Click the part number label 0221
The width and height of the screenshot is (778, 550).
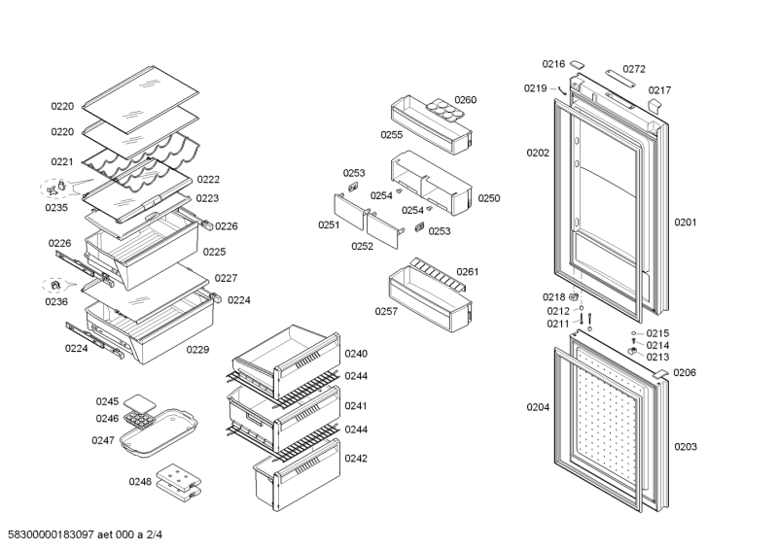(x=62, y=162)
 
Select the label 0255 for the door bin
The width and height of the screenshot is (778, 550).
(x=392, y=135)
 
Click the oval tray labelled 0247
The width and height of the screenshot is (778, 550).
(x=155, y=434)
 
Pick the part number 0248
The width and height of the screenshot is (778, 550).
(x=140, y=481)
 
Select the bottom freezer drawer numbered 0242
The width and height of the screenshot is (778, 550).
(x=297, y=476)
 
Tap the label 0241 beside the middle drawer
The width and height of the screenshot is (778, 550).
(x=356, y=406)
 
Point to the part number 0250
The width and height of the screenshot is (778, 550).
(x=488, y=198)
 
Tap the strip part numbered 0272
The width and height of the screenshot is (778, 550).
(x=619, y=79)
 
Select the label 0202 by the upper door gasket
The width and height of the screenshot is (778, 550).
(x=538, y=153)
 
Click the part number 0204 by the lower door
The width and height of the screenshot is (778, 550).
(x=538, y=407)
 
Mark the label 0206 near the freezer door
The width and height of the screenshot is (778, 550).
(x=685, y=372)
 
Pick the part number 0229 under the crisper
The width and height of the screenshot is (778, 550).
(x=198, y=349)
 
